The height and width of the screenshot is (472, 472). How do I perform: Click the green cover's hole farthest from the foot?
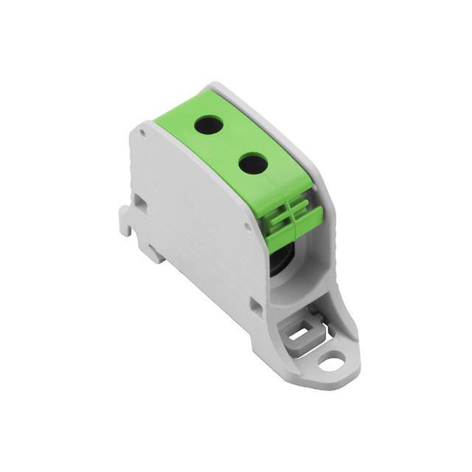pyautogui.click(x=209, y=125)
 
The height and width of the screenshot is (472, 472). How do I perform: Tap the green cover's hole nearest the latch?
pyautogui.click(x=253, y=163)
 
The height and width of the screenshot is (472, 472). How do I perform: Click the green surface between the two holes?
pyautogui.click(x=230, y=145)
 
